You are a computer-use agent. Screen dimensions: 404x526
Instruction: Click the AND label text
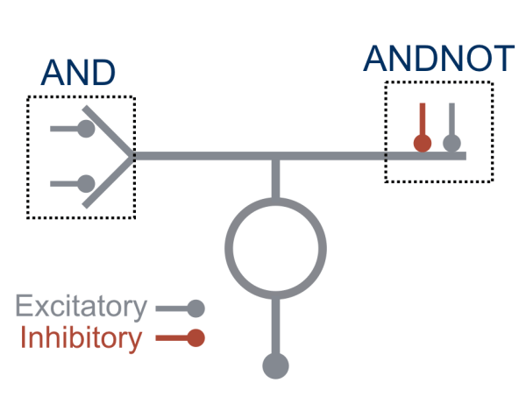pos(78,73)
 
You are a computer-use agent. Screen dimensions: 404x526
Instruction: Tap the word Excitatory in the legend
pos(81,308)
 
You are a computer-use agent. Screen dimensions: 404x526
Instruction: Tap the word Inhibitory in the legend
pos(80,338)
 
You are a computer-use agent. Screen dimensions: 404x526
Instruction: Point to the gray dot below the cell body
pos(275,365)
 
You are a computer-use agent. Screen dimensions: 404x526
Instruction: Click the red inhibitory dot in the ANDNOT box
pos(423,142)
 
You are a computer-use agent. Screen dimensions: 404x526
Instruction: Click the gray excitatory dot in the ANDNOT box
pos(451,142)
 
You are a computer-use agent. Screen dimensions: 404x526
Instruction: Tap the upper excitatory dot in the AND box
pos(86,129)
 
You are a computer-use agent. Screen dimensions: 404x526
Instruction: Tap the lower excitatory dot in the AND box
pos(86,184)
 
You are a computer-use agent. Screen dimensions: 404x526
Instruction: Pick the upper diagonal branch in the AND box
pos(110,131)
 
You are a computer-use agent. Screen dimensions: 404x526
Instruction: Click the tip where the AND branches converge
pos(133,156)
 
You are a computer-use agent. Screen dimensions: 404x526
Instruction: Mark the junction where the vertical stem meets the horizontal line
pos(275,156)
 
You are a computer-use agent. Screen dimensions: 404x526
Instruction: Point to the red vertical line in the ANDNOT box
pos(423,118)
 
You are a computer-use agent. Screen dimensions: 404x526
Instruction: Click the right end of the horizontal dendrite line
pos(463,156)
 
